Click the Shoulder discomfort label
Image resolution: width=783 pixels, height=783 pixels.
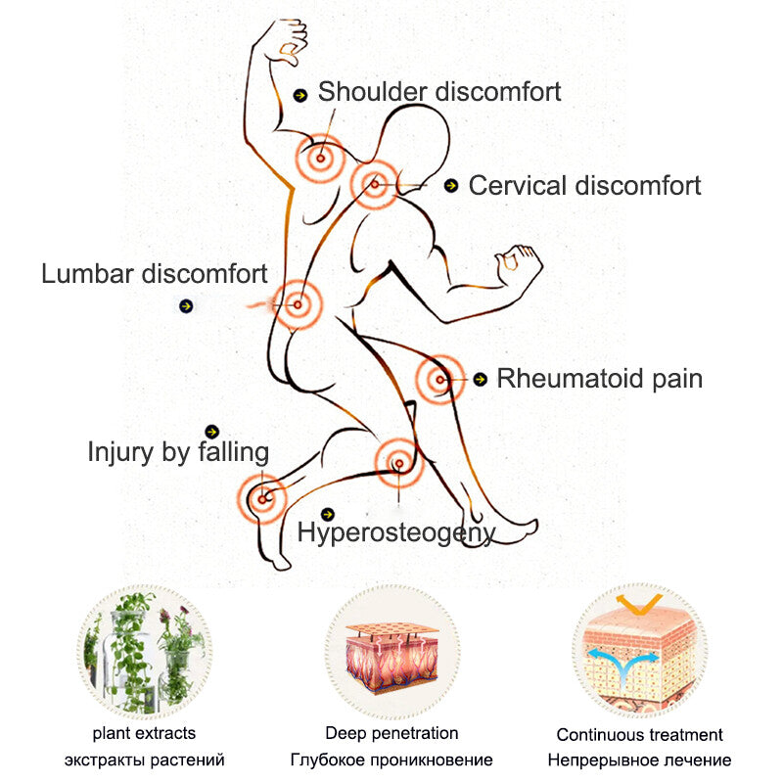tap(439, 92)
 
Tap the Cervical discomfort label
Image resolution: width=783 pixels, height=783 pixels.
tap(584, 186)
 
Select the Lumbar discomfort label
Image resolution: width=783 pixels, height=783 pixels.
tap(155, 274)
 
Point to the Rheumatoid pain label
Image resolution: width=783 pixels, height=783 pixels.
tap(599, 379)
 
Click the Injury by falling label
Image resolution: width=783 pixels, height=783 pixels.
tap(178, 452)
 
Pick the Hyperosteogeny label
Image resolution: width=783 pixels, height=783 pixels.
tap(396, 532)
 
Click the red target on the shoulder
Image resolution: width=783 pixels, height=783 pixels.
tap(321, 159)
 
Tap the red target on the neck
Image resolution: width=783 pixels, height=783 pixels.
tap(375, 185)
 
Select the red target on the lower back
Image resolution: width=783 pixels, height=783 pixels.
tap(298, 304)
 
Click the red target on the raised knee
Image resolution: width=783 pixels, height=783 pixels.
tap(439, 380)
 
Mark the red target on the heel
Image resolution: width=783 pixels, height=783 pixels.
tap(262, 499)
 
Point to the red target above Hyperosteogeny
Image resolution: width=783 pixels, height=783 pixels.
tap(399, 464)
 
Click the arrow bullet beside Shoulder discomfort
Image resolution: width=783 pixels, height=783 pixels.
tap(300, 95)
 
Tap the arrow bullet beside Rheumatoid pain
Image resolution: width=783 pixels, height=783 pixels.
tap(481, 380)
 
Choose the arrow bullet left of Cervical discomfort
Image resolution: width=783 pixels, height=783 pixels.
tap(451, 186)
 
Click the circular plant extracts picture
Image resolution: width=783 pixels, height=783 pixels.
tap(145, 652)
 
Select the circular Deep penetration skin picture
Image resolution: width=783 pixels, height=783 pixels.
tap(392, 652)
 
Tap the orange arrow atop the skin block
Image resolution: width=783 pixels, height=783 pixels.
tap(639, 604)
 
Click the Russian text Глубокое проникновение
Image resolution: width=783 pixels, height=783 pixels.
tap(391, 760)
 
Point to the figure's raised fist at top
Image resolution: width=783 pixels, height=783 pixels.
tap(286, 42)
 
